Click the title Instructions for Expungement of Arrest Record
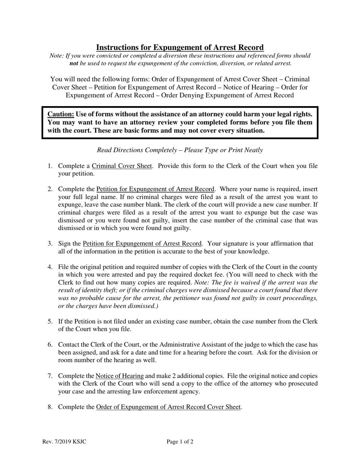pos(180,47)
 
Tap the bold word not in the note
pos(74,63)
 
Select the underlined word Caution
pos(61,114)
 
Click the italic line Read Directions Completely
pos(180,150)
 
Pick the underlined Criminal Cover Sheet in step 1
pos(122,166)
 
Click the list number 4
pos(50,267)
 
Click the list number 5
pos(50,322)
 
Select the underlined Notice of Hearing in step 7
pos(119,376)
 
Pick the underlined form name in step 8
pos(168,407)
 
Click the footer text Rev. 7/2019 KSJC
pos(64,442)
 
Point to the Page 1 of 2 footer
pos(180,442)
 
